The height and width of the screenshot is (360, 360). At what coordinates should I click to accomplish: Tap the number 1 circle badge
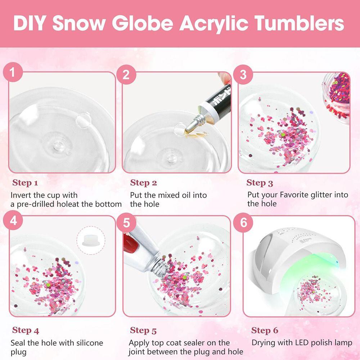tap(13, 73)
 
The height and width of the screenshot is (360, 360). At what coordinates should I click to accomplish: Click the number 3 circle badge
tap(243, 75)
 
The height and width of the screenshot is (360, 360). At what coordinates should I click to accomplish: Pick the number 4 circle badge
tap(13, 220)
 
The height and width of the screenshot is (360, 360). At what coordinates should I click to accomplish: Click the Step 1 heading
tap(25, 183)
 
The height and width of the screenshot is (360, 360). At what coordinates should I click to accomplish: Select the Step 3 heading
tap(260, 183)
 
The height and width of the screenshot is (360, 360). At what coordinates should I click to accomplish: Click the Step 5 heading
tap(143, 330)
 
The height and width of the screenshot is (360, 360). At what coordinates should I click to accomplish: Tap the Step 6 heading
tap(265, 330)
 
